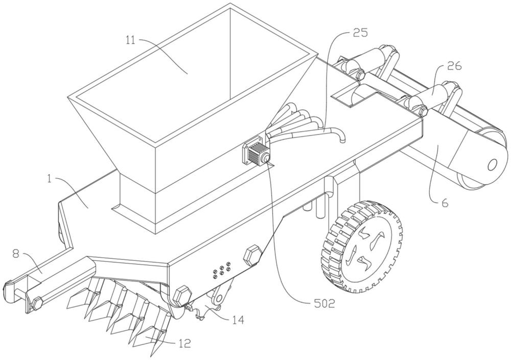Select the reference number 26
point(454,65)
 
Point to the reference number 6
point(444,203)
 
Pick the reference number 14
point(237,320)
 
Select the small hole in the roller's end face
point(492,164)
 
